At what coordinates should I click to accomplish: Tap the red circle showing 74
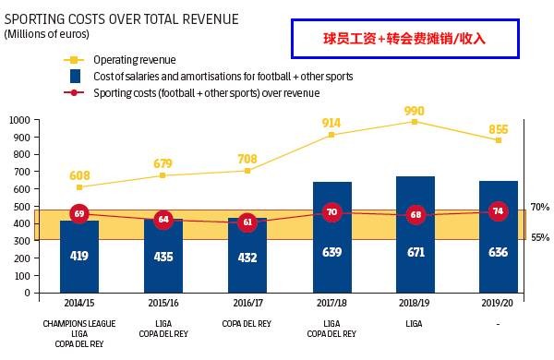[x=499, y=210]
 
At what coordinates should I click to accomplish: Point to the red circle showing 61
[x=247, y=222]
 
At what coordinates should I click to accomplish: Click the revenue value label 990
[x=415, y=111]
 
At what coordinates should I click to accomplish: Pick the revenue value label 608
[x=79, y=174]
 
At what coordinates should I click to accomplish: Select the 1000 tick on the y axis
[x=18, y=120]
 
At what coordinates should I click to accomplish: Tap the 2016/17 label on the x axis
[x=247, y=302]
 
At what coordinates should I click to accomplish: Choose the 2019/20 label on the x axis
[x=499, y=302]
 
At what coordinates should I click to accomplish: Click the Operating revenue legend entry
[x=134, y=60]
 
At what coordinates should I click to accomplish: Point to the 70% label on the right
[x=540, y=208]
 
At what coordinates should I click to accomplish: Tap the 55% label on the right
[x=540, y=237]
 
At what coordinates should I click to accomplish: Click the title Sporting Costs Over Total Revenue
[x=121, y=18]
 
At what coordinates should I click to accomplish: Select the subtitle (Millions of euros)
[x=47, y=33]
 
